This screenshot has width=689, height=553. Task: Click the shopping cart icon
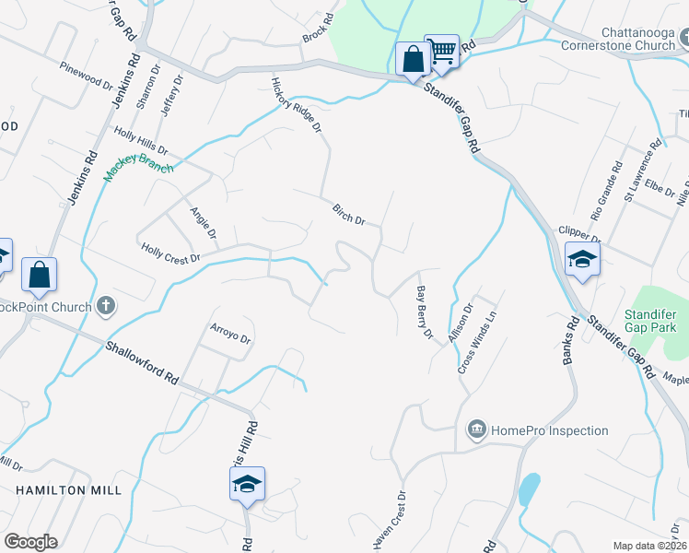point(443,52)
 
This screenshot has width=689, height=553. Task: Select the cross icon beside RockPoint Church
point(106,306)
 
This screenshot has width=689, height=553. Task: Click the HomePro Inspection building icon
point(477,429)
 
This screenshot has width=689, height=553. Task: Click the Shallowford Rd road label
point(141,362)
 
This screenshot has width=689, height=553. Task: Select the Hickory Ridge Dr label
point(296,104)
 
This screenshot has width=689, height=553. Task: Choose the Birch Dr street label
point(349,215)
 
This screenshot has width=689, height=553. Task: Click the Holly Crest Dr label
point(170,253)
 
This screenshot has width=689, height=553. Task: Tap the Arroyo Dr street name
point(230,333)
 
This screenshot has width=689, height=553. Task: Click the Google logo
point(30,542)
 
